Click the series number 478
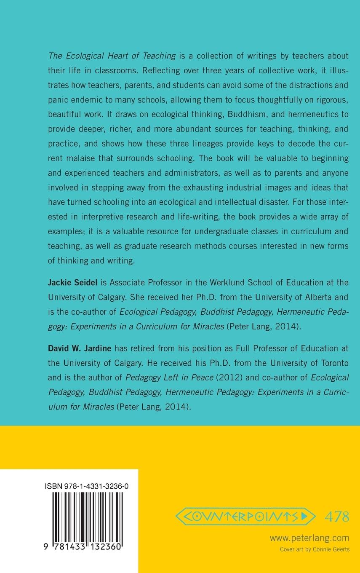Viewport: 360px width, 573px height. click(337, 516)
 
